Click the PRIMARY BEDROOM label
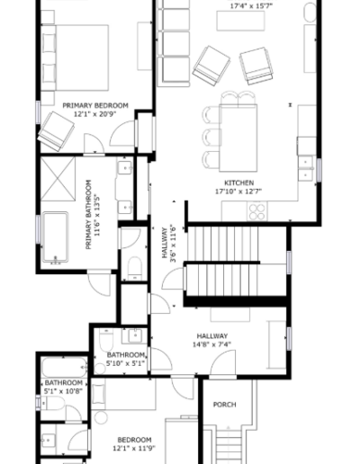(95, 105)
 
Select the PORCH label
(224, 405)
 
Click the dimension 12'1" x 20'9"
(95, 115)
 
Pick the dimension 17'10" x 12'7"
(237, 191)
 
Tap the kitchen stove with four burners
(256, 211)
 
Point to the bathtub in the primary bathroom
(56, 240)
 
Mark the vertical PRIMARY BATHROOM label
(89, 213)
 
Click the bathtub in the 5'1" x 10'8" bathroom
(63, 368)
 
